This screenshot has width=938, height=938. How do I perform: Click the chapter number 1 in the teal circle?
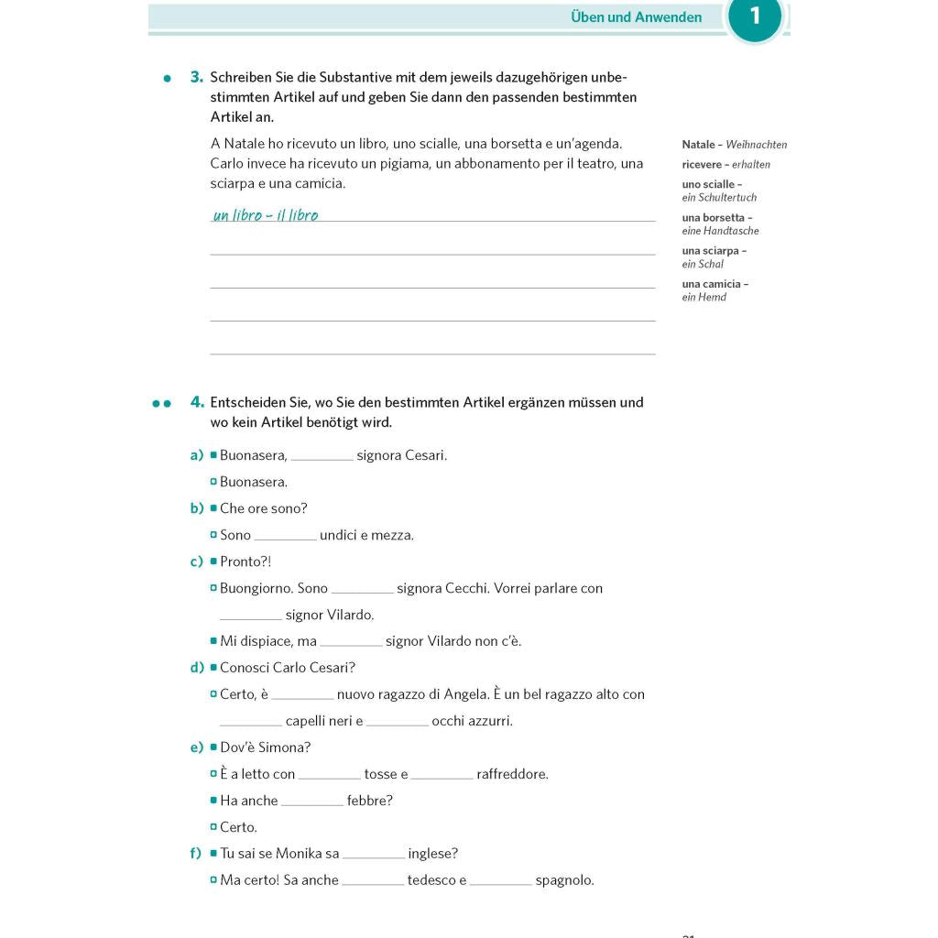pos(755,16)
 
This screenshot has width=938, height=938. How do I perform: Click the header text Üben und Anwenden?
pos(636,17)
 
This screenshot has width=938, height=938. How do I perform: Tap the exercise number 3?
pos(196,77)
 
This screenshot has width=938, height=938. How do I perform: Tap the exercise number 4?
pos(196,402)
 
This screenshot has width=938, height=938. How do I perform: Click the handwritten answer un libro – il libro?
pos(266,216)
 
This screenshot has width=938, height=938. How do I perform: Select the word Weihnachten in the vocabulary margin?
pos(757,145)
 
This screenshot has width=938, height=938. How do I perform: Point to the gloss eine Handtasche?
pos(720,231)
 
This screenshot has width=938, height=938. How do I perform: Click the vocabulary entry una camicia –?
pos(714,284)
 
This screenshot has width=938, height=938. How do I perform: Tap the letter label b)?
pos(196,508)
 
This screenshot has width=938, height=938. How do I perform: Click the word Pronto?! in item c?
pos(245,562)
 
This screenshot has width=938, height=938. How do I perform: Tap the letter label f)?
pos(195,854)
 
